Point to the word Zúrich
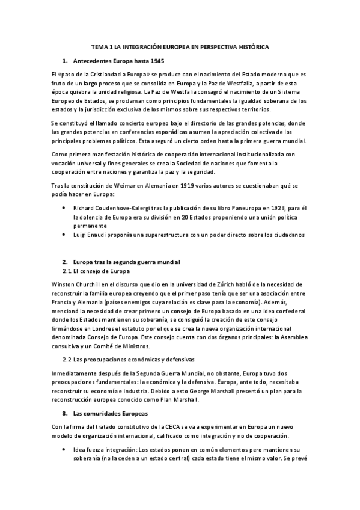tap(215, 283)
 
